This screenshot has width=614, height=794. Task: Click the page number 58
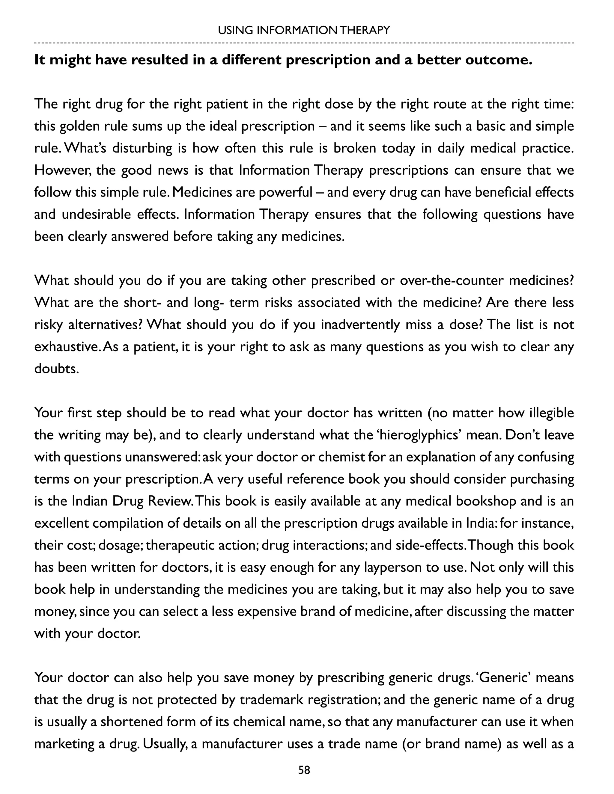click(x=304, y=770)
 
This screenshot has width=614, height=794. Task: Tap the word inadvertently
click(x=360, y=325)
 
